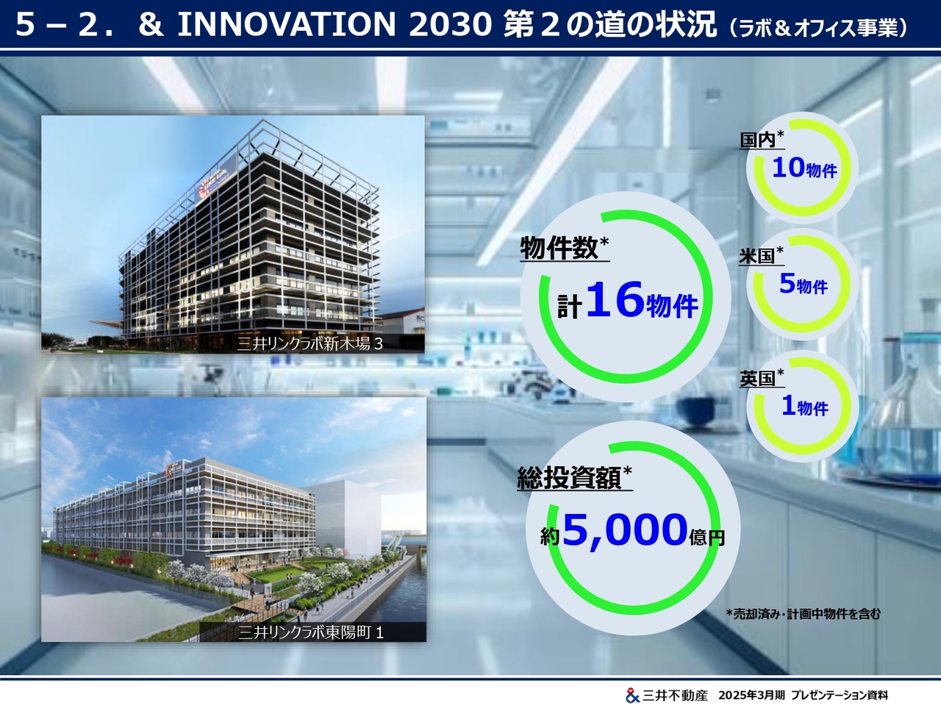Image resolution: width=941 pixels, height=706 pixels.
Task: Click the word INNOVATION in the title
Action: point(287,24)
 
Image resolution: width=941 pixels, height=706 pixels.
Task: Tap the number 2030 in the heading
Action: point(450,24)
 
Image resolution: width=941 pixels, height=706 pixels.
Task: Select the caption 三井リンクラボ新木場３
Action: point(310,343)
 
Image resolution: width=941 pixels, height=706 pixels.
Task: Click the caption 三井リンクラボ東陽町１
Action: point(311,632)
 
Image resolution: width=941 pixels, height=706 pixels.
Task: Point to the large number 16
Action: point(615,299)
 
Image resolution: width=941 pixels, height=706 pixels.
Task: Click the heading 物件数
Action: point(559,248)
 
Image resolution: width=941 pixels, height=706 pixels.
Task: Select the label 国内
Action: point(757,140)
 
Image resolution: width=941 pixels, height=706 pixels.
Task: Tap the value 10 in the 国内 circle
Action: point(788,167)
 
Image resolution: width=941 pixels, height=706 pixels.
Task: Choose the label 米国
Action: point(756,257)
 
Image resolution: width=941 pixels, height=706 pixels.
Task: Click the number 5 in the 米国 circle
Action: point(787,283)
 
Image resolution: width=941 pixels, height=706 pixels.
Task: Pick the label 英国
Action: point(757,379)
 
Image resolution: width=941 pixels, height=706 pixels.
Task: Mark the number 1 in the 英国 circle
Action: point(788,405)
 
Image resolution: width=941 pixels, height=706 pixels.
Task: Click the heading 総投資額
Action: point(569,477)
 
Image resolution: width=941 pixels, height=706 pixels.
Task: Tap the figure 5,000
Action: point(625,531)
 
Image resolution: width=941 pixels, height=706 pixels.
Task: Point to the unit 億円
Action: point(707,538)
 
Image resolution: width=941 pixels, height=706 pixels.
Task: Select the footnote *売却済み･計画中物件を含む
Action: point(804,614)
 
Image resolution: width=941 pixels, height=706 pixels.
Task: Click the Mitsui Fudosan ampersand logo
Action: point(632,695)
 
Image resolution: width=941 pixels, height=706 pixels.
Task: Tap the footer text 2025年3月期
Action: point(751,695)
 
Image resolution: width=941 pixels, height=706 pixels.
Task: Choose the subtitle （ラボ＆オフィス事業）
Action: point(817,28)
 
